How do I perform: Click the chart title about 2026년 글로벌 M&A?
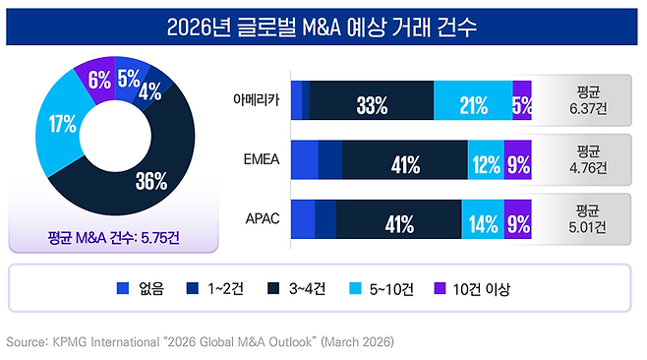click(323, 26)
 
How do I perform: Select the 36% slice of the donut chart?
click(149, 180)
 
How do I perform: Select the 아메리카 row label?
click(256, 100)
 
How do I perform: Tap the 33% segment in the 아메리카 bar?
click(371, 102)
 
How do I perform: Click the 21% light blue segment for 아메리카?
click(472, 102)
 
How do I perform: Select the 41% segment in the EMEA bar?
click(404, 161)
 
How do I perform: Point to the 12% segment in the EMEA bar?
click(486, 161)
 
